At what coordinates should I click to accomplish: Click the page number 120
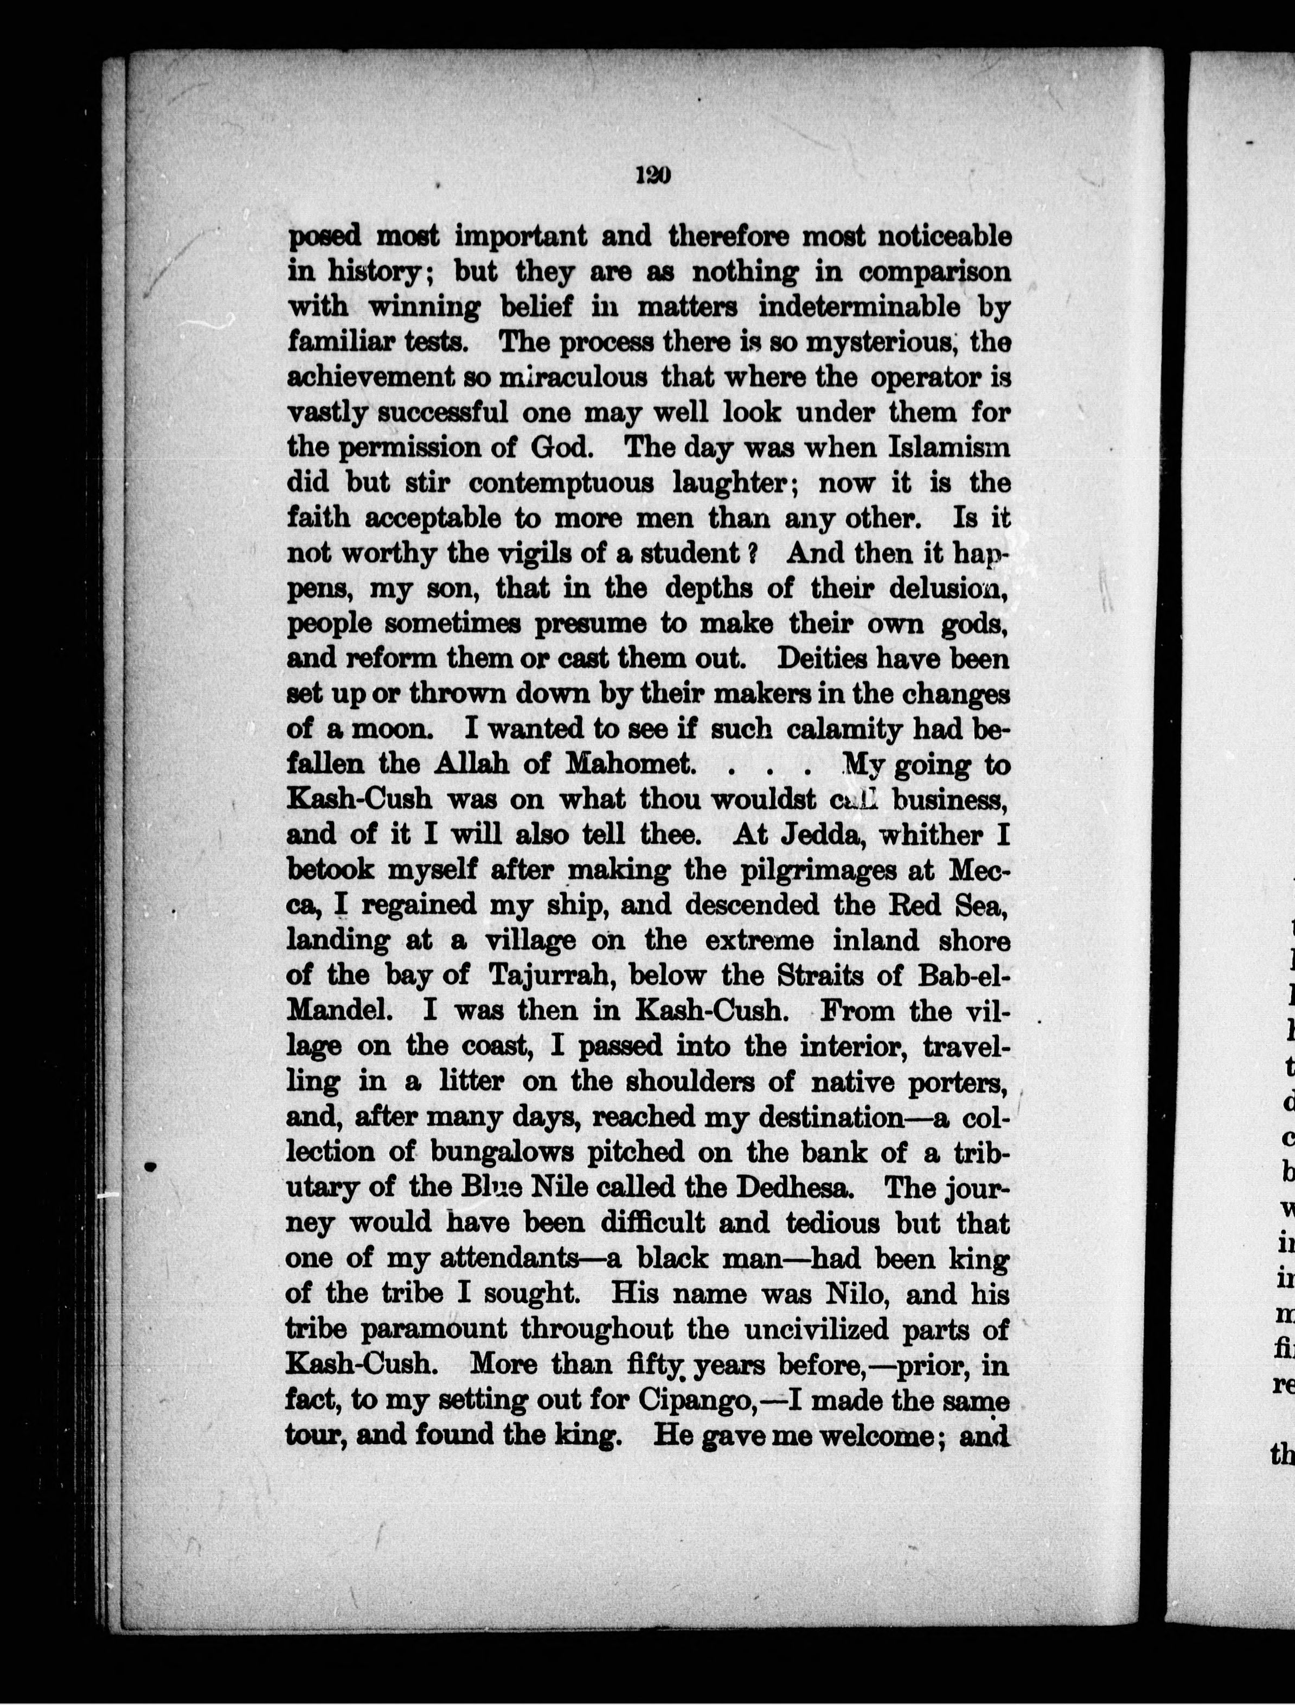[x=653, y=176]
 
